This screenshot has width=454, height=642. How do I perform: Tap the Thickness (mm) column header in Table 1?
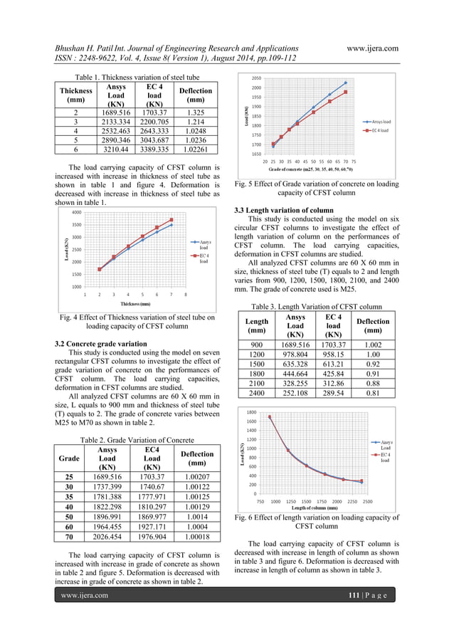[x=76, y=96]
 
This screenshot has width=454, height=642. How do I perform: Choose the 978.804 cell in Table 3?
[x=295, y=354]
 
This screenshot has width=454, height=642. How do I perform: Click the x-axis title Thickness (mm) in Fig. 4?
[x=134, y=303]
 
